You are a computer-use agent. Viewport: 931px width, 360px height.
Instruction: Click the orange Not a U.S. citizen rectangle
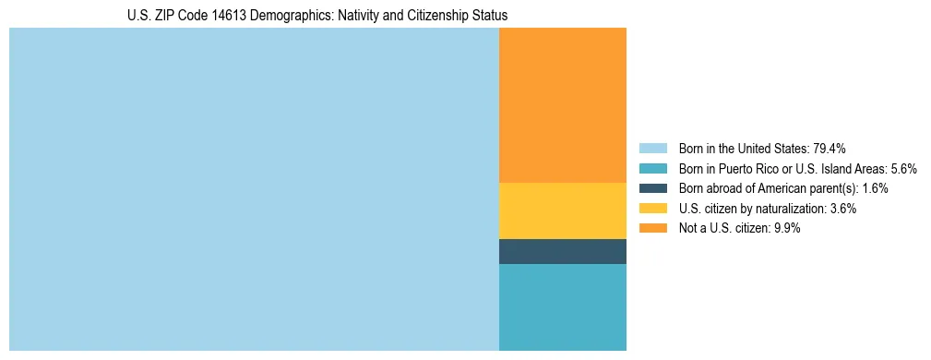(562, 104)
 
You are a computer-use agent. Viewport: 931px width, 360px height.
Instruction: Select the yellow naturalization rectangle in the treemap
(562, 210)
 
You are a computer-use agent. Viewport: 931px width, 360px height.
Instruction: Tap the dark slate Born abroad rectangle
(562, 251)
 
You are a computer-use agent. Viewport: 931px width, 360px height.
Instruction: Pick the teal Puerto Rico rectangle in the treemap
(562, 306)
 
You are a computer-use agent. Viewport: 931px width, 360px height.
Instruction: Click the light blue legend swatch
(652, 149)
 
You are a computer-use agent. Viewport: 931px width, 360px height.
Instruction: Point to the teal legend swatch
(652, 169)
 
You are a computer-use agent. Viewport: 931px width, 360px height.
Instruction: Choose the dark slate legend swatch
(652, 188)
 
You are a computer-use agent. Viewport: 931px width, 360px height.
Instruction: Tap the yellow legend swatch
(652, 209)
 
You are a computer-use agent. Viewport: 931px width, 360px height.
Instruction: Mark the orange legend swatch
(652, 228)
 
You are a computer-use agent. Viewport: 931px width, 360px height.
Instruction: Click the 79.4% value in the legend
(829, 149)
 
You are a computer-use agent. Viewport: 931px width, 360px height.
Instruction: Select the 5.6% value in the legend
(903, 169)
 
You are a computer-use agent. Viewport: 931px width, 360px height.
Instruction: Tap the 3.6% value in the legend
(842, 209)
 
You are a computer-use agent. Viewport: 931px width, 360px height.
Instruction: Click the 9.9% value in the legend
(786, 228)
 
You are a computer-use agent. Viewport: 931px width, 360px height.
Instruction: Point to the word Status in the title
(490, 16)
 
